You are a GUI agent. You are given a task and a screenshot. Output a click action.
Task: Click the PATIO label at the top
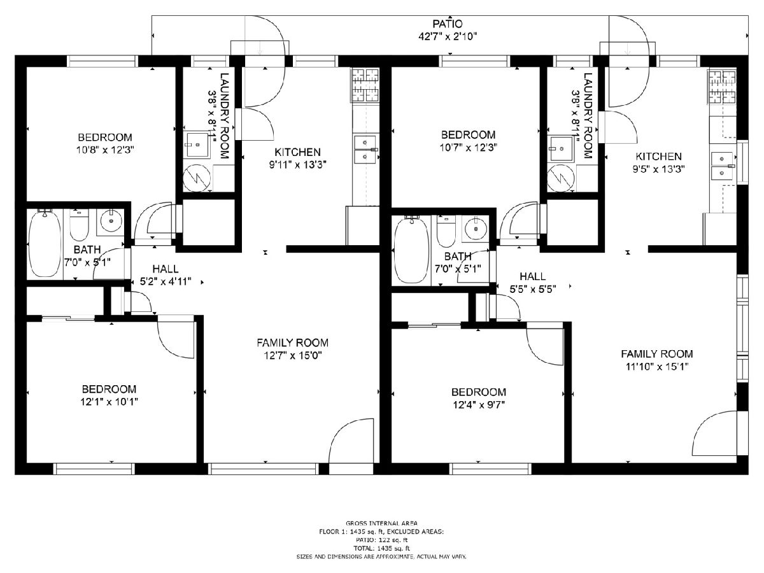tap(448, 24)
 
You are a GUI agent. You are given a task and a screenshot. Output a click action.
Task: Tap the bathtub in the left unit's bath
tap(45, 244)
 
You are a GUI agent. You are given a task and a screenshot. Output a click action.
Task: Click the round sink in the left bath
tap(111, 220)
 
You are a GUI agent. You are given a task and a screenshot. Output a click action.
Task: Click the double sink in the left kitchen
tap(365, 150)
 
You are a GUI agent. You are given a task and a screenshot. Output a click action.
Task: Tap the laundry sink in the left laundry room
tap(198, 145)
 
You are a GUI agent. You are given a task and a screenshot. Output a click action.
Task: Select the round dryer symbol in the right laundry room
tap(560, 178)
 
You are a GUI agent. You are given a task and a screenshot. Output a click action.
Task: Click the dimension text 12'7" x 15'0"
tap(292, 355)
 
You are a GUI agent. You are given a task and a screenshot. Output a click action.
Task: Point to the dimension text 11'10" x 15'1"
tap(657, 367)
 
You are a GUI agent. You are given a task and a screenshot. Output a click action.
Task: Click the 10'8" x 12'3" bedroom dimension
tap(105, 150)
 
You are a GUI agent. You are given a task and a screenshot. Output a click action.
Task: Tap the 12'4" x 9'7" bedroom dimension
tap(479, 405)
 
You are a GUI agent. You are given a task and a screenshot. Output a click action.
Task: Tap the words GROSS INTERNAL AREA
tap(381, 523)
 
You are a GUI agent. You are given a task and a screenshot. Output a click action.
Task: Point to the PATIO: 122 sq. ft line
tap(381, 540)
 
